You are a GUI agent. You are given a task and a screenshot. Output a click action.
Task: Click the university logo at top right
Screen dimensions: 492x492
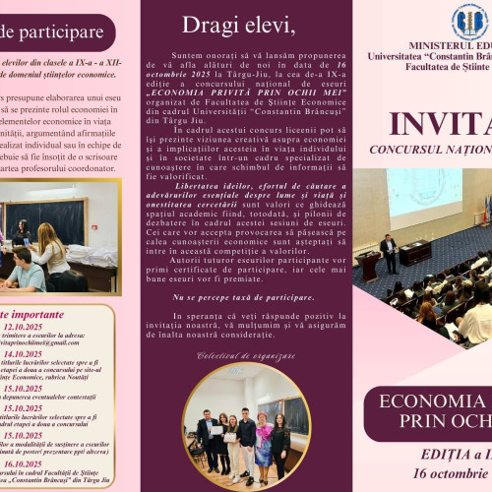[x=469, y=21]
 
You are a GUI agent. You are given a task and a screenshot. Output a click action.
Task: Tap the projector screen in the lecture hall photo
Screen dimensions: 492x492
[x=423, y=192]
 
